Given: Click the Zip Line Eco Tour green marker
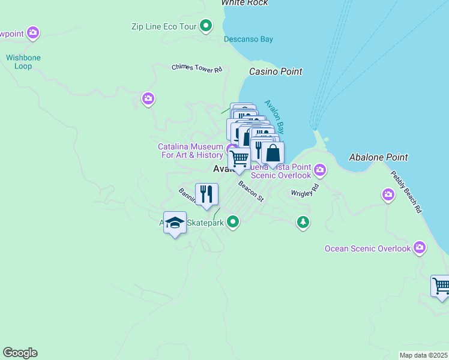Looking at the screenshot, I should click(206, 26).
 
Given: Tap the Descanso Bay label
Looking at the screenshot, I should click(248, 40).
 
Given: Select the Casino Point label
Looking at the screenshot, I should click(276, 71).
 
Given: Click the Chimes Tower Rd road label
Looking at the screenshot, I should click(197, 68).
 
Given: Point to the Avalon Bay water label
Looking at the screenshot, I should click(274, 115).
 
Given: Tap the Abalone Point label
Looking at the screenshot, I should click(378, 157).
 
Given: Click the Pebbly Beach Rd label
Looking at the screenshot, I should click(406, 193).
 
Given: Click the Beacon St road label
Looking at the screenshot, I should click(250, 191).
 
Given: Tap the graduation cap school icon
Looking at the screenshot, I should click(175, 223).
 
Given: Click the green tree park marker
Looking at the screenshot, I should click(303, 223).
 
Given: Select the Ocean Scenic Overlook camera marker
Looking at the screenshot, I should click(419, 247).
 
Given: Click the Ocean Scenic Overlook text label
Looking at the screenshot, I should click(367, 248).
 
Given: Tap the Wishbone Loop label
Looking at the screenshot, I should click(23, 62).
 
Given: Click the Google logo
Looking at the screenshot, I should click(20, 353).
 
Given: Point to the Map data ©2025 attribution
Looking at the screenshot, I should click(424, 355).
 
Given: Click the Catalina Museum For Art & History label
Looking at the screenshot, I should click(191, 151).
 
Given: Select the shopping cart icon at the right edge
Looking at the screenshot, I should click(441, 286).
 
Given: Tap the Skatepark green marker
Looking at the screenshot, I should click(232, 223).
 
